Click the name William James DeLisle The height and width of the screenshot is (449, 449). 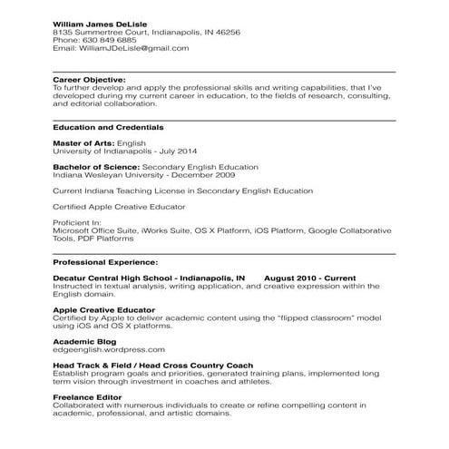(98, 22)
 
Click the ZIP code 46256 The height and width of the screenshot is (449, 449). (226, 31)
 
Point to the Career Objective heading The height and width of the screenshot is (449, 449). (89, 80)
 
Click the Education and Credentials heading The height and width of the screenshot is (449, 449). (108, 127)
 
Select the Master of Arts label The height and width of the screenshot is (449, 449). (84, 143)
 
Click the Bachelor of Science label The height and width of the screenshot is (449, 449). (96, 167)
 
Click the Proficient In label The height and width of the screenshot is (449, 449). (78, 223)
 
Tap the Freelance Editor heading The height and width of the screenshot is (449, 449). (89, 396)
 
